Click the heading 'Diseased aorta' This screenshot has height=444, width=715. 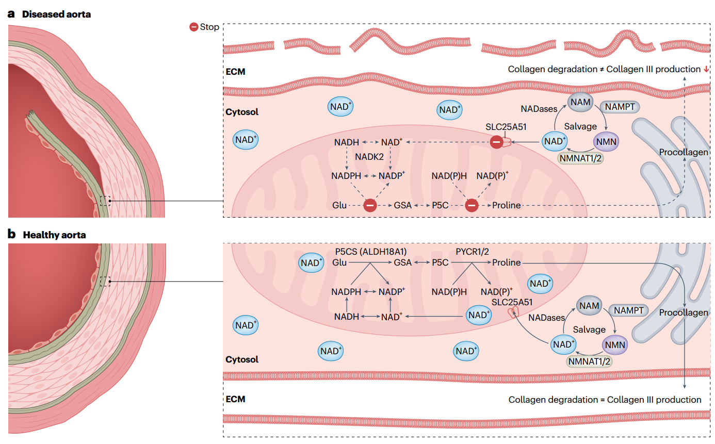click(x=56, y=14)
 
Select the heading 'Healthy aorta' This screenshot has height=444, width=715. click(x=54, y=235)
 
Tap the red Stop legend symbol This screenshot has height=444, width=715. click(x=194, y=27)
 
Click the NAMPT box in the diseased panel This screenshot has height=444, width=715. click(x=619, y=107)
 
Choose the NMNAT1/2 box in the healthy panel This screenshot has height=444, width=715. click(x=590, y=361)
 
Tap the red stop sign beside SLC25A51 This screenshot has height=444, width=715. click(x=496, y=141)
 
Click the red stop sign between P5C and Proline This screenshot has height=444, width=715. click(x=472, y=205)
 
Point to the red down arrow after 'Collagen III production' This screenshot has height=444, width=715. click(x=706, y=69)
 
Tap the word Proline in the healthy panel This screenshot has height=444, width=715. click(x=506, y=262)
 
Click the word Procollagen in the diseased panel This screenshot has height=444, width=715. click(x=684, y=153)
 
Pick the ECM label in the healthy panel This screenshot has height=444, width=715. click(x=235, y=399)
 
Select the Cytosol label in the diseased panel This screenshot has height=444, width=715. click(x=242, y=112)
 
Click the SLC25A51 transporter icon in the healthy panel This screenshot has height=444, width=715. click(x=513, y=312)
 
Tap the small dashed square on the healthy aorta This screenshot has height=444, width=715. click(x=105, y=281)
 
